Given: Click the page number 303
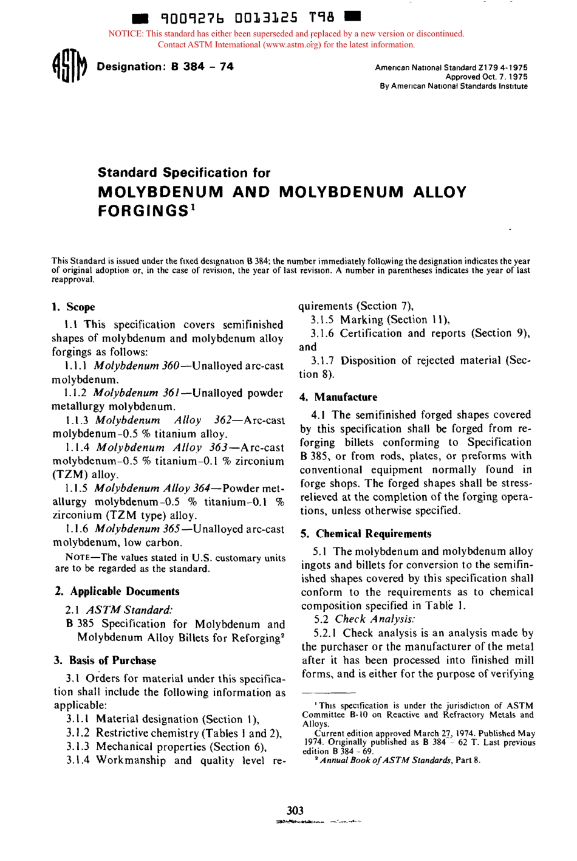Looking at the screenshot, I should coord(295,810).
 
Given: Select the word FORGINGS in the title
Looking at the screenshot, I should coord(142,211).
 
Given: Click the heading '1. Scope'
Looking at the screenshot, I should coord(73,307).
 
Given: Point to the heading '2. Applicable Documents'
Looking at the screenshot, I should coord(117,591).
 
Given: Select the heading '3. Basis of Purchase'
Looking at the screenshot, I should coord(104,660).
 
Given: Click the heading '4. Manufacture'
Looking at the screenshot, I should coord(338,397).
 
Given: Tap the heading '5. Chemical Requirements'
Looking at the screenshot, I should coord(366,534).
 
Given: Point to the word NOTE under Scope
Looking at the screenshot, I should coord(78,558).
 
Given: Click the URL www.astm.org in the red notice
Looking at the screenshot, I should coord(294,44).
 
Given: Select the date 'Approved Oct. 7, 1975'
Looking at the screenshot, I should coord(486,77).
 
